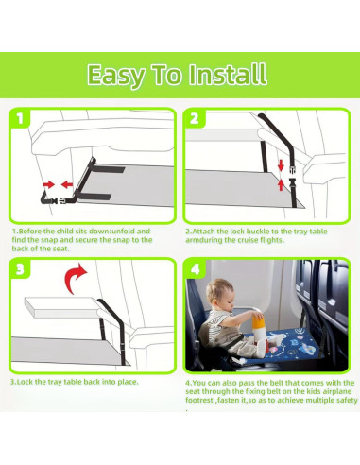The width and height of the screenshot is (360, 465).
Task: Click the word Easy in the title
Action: [x=115, y=76]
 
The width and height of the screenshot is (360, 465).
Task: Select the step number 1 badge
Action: [x=20, y=119]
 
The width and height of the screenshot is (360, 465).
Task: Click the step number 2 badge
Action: [x=195, y=119]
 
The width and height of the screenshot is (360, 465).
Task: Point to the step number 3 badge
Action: [x=20, y=269]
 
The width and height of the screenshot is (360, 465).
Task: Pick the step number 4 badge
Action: [x=196, y=269]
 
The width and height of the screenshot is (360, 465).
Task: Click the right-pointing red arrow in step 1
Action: [x=48, y=184]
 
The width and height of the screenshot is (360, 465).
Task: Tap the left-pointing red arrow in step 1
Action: [x=67, y=184]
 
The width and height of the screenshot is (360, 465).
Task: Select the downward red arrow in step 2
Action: [x=281, y=165]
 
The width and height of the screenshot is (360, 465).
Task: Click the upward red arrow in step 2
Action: [x=281, y=184]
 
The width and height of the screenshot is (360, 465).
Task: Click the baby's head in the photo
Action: [x=220, y=292]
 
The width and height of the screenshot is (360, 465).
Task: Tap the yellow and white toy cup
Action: [x=258, y=328]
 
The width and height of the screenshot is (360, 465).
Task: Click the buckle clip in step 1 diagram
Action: [x=59, y=200]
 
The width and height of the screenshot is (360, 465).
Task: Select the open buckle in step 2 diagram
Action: [x=292, y=171]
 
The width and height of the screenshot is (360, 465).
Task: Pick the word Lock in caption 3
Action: [x=25, y=382]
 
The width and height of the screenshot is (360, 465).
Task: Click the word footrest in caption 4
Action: [x=199, y=400]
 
